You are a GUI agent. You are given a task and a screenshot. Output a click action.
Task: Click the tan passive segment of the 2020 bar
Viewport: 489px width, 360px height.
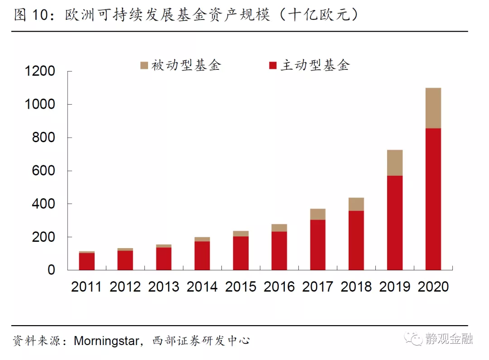pyautogui.click(x=433, y=108)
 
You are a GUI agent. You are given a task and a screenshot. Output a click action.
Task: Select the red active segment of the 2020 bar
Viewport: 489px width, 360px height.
pyautogui.click(x=433, y=199)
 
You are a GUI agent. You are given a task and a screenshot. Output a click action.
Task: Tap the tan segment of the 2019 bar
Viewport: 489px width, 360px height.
pyautogui.click(x=395, y=163)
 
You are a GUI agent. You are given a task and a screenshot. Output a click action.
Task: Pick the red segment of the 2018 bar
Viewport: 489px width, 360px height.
pyautogui.click(x=356, y=240)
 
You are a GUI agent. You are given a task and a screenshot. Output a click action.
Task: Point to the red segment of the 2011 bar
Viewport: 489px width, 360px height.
pyautogui.click(x=86, y=261)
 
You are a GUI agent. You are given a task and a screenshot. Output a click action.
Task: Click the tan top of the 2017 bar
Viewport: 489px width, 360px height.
pyautogui.click(x=318, y=214)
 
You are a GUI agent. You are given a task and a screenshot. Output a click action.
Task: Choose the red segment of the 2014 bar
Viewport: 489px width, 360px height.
pyautogui.click(x=202, y=255)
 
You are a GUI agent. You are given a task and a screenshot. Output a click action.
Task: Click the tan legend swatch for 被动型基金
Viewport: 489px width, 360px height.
pyautogui.click(x=144, y=66)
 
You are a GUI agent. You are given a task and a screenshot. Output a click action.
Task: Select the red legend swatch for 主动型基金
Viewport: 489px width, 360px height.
pyautogui.click(x=273, y=66)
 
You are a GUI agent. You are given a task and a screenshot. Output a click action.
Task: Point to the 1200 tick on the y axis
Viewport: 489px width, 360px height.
pyautogui.click(x=41, y=72)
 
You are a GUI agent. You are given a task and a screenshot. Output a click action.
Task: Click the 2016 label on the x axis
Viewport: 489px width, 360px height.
pyautogui.click(x=279, y=287)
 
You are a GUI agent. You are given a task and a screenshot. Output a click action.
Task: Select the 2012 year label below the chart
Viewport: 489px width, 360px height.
pyautogui.click(x=125, y=287)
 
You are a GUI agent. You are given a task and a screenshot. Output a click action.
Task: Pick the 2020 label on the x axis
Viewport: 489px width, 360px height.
pyautogui.click(x=433, y=287)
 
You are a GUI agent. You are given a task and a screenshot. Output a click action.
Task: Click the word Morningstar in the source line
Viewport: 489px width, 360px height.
pyautogui.click(x=106, y=341)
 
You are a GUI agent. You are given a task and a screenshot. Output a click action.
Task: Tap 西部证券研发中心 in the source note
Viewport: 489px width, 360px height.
pyautogui.click(x=201, y=341)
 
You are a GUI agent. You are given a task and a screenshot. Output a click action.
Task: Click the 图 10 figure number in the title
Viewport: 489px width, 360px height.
pyautogui.click(x=31, y=15)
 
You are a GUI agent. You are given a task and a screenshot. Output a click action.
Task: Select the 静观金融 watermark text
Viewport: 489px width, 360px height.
pyautogui.click(x=449, y=339)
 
